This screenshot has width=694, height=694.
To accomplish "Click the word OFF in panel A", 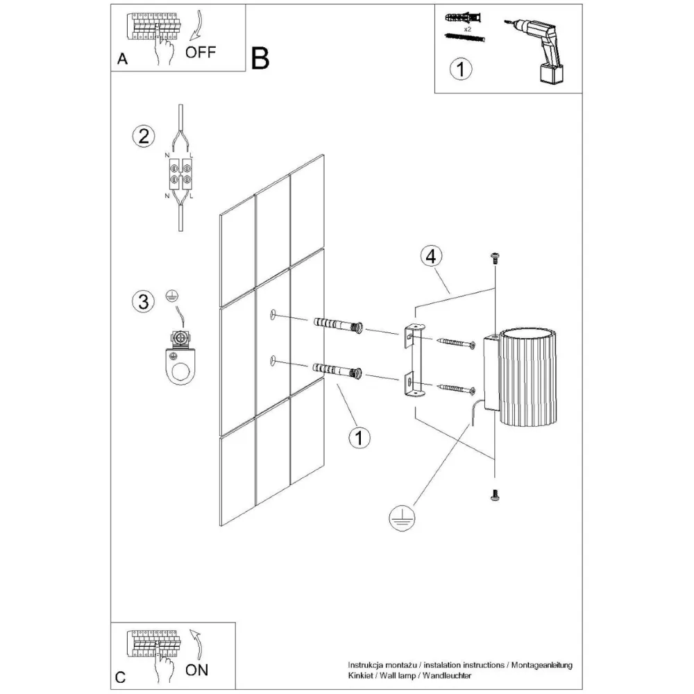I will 201,51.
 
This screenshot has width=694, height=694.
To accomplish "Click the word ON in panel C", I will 197,670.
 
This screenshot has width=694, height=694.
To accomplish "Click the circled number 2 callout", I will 142,135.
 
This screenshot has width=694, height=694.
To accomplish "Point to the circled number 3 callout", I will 142,301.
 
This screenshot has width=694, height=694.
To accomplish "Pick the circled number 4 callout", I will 430,256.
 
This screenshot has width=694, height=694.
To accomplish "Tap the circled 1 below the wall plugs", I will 359,437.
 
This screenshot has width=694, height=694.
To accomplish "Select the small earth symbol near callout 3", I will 170,297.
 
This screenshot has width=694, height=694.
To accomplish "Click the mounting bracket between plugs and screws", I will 413,361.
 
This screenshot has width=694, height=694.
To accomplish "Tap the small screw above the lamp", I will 495,258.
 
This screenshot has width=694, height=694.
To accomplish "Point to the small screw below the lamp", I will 495,494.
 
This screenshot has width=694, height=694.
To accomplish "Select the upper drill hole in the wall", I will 273,316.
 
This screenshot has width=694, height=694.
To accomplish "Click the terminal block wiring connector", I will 180,173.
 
